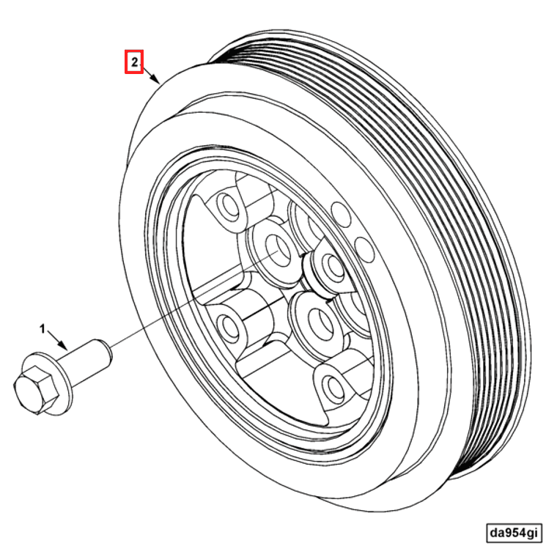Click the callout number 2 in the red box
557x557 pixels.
pos(133,62)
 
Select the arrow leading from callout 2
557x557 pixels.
pos(150,75)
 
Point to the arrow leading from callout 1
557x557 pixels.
pos(59,339)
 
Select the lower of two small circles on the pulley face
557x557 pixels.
pos(362,243)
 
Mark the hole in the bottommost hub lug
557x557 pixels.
pos(333,385)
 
